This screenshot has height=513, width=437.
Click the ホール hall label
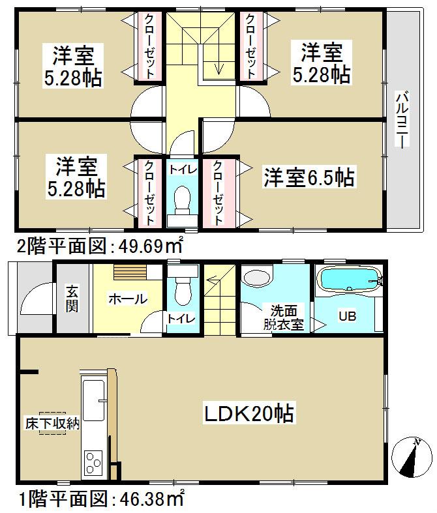[127, 299]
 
